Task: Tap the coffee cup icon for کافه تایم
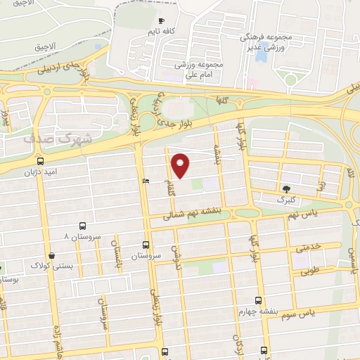pos(162,20)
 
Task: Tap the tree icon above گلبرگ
pos(286,188)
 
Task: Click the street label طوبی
pos(310,268)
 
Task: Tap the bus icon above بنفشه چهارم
pos(259,300)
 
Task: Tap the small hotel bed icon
pos(146,181)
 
